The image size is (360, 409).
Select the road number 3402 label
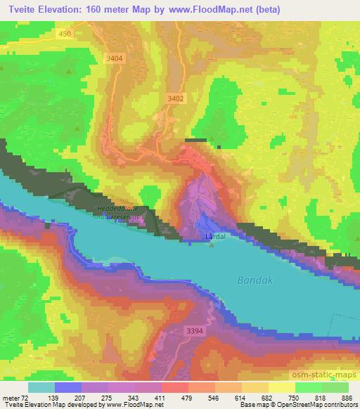[x=176, y=99]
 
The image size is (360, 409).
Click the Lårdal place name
[x=214, y=237]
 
